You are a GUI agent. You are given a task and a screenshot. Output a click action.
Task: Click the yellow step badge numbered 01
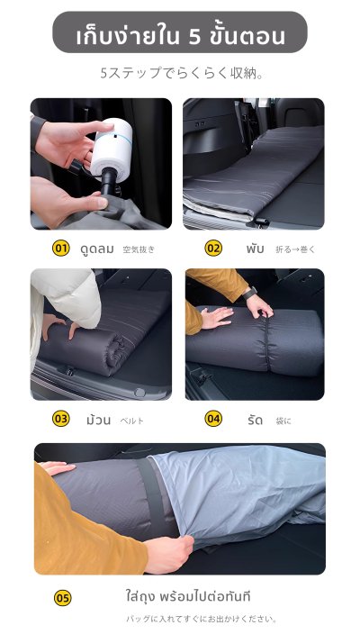coord(61,248)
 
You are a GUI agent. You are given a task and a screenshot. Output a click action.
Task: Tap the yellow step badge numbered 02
coord(213,248)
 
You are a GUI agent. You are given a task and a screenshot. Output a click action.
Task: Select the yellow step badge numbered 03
coord(61,419)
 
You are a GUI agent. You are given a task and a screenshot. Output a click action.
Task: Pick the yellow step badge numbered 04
coord(213,419)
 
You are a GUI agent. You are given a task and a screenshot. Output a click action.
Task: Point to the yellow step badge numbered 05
coord(62,597)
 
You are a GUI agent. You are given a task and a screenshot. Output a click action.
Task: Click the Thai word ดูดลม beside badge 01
coord(95,249)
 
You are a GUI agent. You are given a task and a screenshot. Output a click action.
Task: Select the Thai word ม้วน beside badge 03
coord(97,420)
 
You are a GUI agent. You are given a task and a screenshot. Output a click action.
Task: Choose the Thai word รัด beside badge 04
coord(255,420)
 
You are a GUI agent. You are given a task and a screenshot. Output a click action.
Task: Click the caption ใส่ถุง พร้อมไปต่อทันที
coord(188,596)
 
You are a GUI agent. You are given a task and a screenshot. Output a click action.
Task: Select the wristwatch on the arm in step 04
coord(248,294)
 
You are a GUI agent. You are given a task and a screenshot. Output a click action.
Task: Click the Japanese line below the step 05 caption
coord(202,619)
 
